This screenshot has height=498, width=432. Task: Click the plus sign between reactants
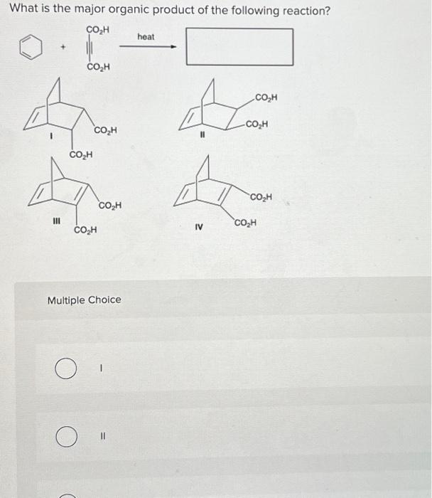(x=63, y=49)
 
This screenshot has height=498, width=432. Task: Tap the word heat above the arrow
(x=146, y=36)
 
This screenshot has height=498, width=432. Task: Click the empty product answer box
(x=240, y=46)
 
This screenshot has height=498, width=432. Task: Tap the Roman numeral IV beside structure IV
(x=199, y=228)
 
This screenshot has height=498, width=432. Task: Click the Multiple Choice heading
(x=84, y=300)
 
